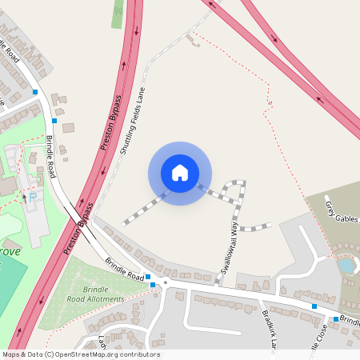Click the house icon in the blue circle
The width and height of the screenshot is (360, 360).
tap(180, 173)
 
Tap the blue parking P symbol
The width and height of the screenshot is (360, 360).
tap(34, 196)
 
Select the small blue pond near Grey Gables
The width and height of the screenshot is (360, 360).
tap(346, 265)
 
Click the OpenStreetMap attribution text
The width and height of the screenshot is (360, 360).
tap(81, 354)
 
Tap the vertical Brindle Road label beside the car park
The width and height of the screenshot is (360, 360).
tap(50, 157)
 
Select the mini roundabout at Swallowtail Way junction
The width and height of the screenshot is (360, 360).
tap(164, 282)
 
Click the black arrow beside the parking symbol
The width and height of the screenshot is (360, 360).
tap(24, 196)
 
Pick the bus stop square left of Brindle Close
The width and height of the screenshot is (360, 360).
tap(314, 306)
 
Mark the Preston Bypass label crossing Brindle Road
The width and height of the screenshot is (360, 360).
tap(78, 228)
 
